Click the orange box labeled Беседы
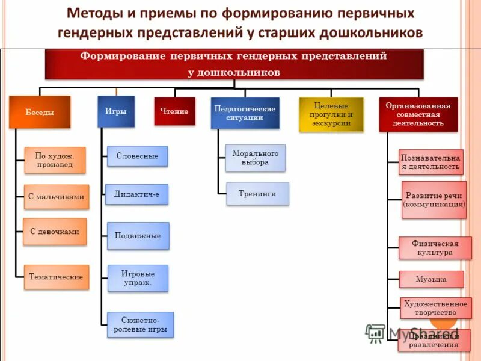click(40, 112)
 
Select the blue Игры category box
click(115, 111)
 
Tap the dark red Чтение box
click(174, 111)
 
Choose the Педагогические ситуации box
click(245, 113)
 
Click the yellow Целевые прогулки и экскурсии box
click(331, 114)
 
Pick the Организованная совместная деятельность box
click(418, 114)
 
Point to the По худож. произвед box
click(54, 160)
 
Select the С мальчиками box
click(56, 197)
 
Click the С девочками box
click(55, 231)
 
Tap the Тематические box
click(56, 277)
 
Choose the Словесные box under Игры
click(137, 156)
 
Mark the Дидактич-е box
click(136, 194)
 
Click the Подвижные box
click(138, 236)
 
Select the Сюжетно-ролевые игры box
click(140, 324)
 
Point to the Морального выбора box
click(256, 158)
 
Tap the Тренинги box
click(257, 194)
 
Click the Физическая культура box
click(435, 248)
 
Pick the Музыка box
click(431, 279)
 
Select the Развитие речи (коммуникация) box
click(434, 200)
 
